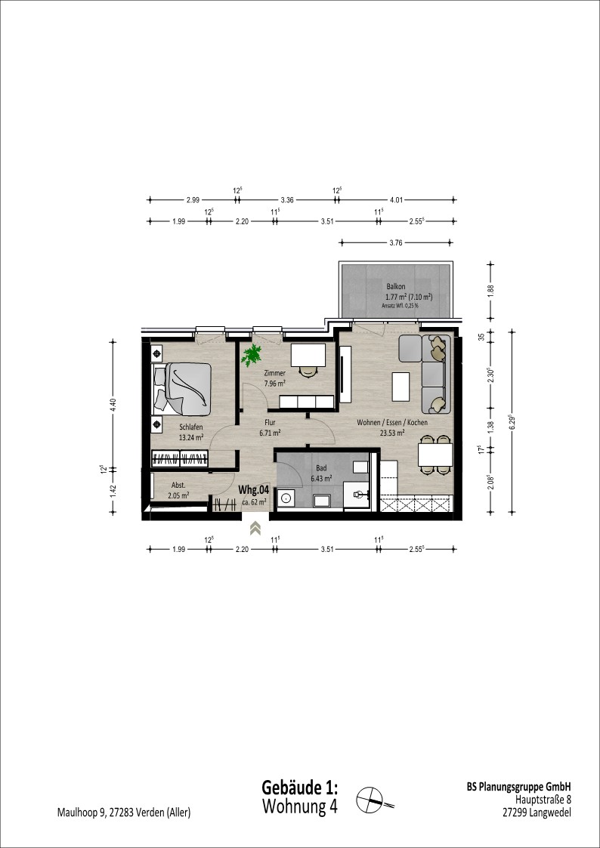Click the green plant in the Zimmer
click(252, 356)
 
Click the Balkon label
click(396, 286)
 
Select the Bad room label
click(321, 468)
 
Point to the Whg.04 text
click(254, 490)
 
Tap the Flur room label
click(270, 423)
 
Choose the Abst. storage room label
click(179, 485)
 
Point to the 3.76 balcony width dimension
click(395, 243)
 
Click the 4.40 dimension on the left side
click(113, 405)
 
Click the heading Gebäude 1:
click(300, 786)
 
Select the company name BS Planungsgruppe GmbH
click(518, 787)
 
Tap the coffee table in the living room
click(401, 387)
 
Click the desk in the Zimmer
click(308, 356)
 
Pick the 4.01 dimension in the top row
click(397, 200)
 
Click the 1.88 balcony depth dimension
click(490, 288)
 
